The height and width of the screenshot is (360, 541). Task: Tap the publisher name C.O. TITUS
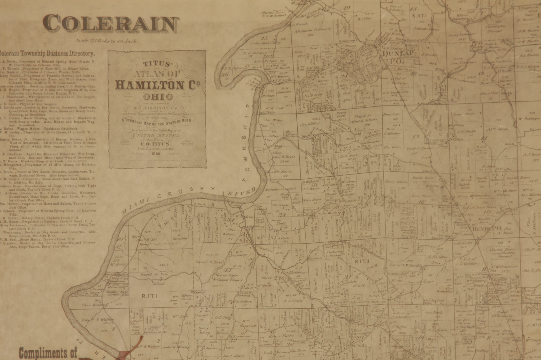click(x=157, y=144)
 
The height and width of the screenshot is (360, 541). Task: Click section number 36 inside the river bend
click(x=224, y=75)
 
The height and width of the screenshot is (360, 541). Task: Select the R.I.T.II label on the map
click(x=362, y=262)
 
